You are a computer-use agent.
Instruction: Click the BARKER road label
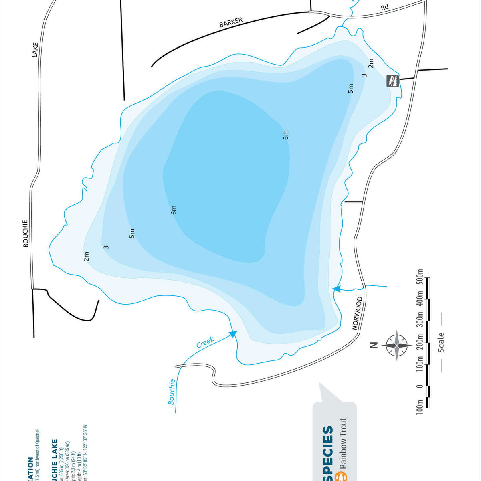(x=231, y=22)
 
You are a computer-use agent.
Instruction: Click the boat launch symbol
(x=392, y=81)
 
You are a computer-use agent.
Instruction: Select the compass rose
(x=396, y=345)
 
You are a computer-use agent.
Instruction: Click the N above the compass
(x=374, y=345)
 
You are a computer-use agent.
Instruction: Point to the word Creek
(x=205, y=342)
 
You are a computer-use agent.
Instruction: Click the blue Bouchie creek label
(x=172, y=392)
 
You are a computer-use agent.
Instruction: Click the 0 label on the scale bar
(x=420, y=386)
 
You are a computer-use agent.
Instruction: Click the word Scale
(x=441, y=342)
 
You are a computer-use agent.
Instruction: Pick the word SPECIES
(x=328, y=451)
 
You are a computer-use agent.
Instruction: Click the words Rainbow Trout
(x=343, y=444)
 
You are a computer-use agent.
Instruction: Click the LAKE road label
(x=35, y=50)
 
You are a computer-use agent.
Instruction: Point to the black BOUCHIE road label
(x=26, y=233)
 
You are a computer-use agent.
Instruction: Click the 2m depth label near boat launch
(x=371, y=63)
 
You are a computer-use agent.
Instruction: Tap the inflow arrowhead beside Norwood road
(x=336, y=288)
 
